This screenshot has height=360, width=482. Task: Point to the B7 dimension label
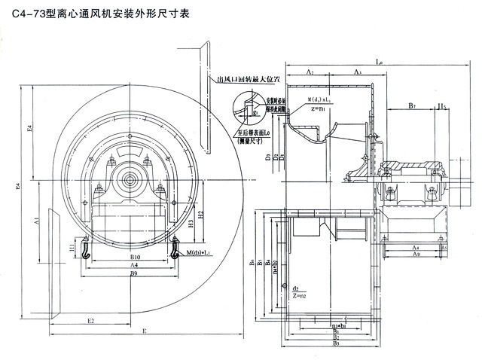pyautogui.click(x=413, y=106)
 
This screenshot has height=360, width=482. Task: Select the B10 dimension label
pyautogui.click(x=133, y=258)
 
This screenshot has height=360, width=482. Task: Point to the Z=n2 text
pyautogui.click(x=300, y=295)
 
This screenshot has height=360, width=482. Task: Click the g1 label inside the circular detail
pyautogui.click(x=255, y=113)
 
